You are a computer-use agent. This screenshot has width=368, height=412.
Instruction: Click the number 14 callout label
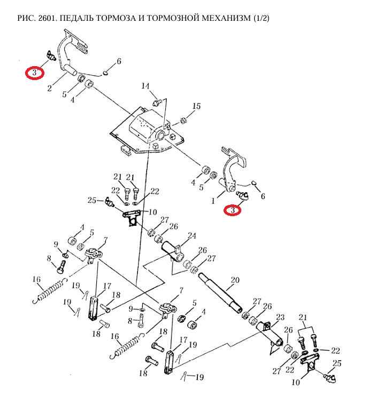(x=145, y=86)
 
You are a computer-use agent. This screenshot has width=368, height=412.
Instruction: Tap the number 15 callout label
(x=196, y=106)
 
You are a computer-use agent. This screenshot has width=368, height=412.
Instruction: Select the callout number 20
(x=235, y=280)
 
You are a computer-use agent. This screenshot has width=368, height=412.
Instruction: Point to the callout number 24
(x=192, y=236)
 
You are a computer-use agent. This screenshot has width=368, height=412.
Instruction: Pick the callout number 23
(x=280, y=317)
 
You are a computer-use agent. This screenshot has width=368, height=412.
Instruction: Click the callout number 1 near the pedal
(x=213, y=201)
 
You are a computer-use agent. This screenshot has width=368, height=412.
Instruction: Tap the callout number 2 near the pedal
(x=50, y=88)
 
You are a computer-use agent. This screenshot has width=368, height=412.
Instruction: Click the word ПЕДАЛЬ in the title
(x=76, y=18)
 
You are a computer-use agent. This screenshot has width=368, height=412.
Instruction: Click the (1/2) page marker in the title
(x=262, y=18)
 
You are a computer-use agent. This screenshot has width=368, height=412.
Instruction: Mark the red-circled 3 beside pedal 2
(x=35, y=73)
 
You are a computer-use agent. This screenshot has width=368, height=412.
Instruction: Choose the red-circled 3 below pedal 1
(x=233, y=210)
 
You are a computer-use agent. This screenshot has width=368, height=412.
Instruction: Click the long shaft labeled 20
(x=220, y=292)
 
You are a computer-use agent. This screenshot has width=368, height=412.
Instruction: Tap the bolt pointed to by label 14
(x=157, y=102)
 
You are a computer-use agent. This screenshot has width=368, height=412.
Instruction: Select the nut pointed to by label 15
(x=183, y=121)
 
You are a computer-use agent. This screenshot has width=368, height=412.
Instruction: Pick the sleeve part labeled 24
(x=173, y=252)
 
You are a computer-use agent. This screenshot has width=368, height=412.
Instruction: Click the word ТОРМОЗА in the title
(x=120, y=18)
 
